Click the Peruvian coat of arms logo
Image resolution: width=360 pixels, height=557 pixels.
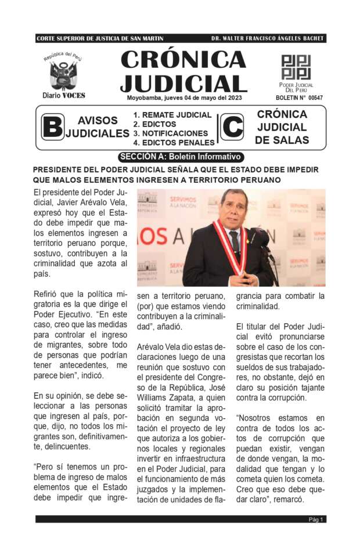coord(63,74)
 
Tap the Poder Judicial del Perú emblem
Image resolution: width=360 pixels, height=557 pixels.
coord(296,67)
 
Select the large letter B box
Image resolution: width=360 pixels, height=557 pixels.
coord(52,128)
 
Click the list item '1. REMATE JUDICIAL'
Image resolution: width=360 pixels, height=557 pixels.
coord(164,115)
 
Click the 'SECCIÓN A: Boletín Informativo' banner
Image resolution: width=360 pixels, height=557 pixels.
coord(180,157)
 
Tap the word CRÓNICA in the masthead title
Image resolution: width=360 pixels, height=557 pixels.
coord(183,60)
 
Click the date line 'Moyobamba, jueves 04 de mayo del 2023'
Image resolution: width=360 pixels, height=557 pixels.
coord(184,97)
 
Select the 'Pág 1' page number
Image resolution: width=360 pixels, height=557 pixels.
coord(316,519)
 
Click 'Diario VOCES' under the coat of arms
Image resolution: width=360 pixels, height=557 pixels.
coord(63,95)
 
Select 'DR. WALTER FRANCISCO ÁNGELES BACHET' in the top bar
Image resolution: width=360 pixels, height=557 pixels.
coord(268,38)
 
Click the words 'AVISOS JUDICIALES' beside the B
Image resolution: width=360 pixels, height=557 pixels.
coord(97,127)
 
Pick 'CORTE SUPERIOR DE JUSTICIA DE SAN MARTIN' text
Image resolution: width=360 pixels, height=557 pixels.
coord(100,38)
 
